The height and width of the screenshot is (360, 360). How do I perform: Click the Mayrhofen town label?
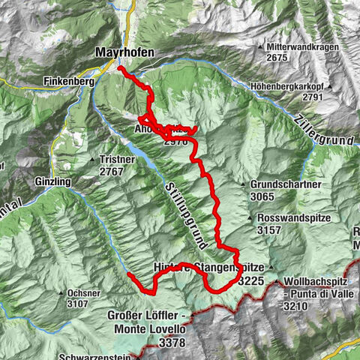click(125, 52)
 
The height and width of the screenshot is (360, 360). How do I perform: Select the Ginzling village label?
click(52, 182)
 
